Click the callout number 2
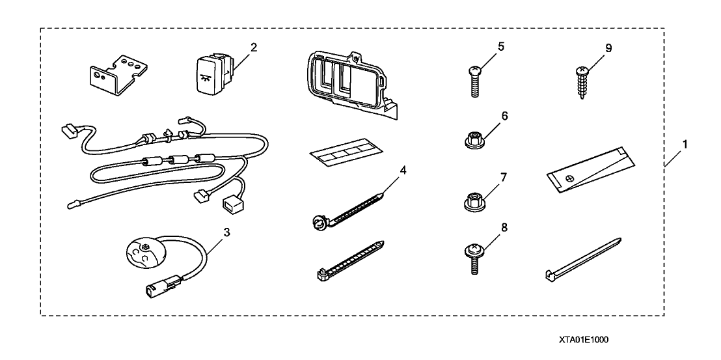tap(253, 48)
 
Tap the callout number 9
tap(609, 48)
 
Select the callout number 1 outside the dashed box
tap(685, 145)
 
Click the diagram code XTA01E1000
tap(584, 340)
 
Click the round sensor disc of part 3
tap(144, 253)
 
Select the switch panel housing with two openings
tap(351, 85)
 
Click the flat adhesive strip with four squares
tap(347, 152)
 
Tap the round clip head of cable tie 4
tap(318, 223)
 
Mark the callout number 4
tap(403, 170)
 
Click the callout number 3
tap(226, 232)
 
